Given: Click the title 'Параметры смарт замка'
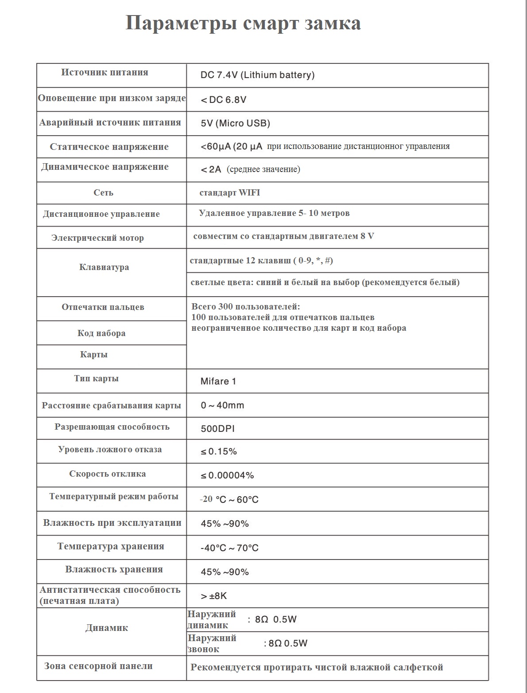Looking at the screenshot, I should (243, 23).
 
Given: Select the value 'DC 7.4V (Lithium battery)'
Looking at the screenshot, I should (257, 75).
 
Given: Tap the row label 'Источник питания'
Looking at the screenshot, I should (105, 72).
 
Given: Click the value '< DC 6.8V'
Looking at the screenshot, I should (223, 100).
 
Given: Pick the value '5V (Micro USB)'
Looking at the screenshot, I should (235, 123).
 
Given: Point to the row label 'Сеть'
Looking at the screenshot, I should (103, 192).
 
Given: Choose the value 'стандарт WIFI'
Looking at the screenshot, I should (230, 192).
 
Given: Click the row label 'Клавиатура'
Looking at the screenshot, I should (104, 267).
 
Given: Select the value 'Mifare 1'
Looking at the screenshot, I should (218, 381).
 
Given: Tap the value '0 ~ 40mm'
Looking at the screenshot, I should (222, 405).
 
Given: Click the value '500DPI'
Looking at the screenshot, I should (217, 429).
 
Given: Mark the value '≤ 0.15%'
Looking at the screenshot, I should (219, 451).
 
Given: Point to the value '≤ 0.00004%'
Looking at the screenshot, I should (227, 475).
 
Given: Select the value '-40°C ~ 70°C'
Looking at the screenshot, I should (229, 548).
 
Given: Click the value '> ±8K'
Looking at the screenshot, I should (213, 596).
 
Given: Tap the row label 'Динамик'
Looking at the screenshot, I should (107, 628).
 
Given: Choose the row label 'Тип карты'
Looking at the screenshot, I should (96, 379).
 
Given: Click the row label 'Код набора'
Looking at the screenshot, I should (101, 333).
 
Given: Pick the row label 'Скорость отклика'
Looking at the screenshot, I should (107, 474).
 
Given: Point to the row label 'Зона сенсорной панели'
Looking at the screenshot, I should (98, 666).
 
